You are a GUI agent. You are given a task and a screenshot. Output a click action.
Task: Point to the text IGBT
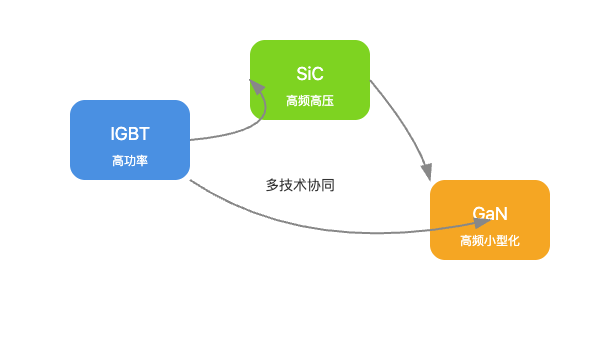pyautogui.click(x=130, y=134)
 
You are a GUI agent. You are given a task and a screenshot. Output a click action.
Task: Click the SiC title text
pyautogui.click(x=310, y=74)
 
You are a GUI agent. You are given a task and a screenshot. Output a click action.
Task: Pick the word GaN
pyautogui.click(x=490, y=214)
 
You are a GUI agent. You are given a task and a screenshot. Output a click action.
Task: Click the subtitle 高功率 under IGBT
pyautogui.click(x=130, y=161)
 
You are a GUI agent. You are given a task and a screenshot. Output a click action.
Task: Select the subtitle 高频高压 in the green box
pyautogui.click(x=310, y=101)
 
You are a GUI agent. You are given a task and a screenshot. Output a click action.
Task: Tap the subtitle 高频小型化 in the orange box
pyautogui.click(x=490, y=241)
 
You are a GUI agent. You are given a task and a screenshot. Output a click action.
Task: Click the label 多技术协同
pyautogui.click(x=300, y=185)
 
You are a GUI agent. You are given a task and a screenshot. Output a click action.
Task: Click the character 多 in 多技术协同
pyautogui.click(x=272, y=185)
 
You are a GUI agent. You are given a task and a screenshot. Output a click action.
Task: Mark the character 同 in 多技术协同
pyautogui.click(x=328, y=185)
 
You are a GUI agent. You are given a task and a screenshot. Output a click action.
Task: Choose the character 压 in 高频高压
pyautogui.click(x=328, y=101)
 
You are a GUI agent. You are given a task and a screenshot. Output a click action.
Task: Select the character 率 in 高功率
pyautogui.click(x=142, y=161)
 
